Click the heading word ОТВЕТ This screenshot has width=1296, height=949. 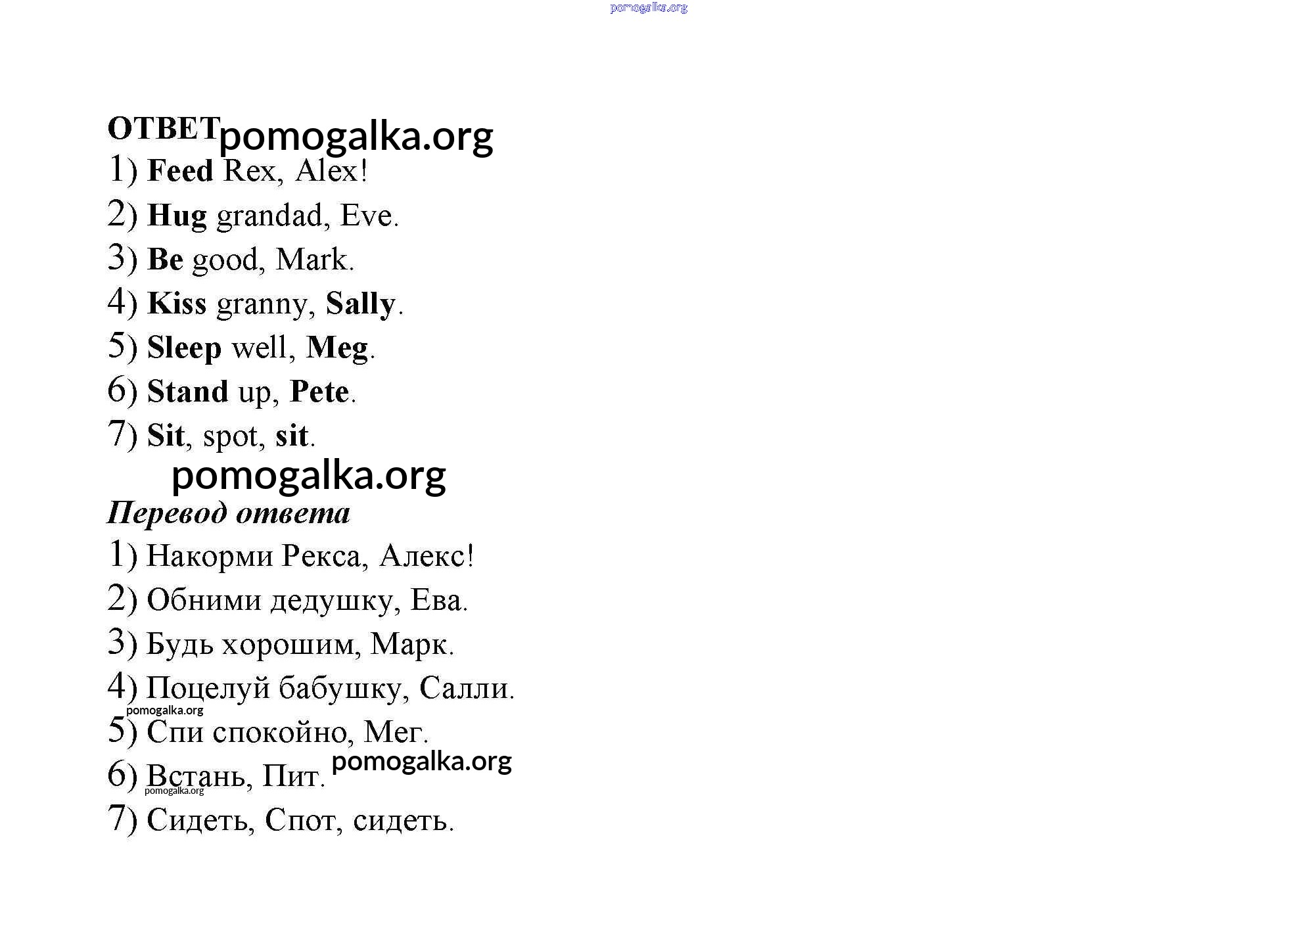(x=163, y=129)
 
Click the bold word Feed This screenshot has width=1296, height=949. (x=180, y=171)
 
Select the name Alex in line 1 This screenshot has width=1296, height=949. (x=327, y=171)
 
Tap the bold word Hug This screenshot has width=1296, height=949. (x=177, y=216)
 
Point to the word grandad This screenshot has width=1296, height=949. (x=269, y=216)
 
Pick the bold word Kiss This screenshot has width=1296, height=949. (x=177, y=304)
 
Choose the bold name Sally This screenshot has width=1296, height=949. (x=360, y=304)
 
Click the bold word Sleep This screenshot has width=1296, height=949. (x=184, y=348)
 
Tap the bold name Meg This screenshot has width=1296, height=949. (x=337, y=348)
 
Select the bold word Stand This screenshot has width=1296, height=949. (x=187, y=392)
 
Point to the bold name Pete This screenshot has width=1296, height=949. (x=319, y=392)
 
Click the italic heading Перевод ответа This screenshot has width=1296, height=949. (x=229, y=513)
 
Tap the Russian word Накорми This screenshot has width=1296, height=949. (x=210, y=557)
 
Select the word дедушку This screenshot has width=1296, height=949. (x=332, y=601)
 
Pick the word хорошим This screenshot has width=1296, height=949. (x=291, y=645)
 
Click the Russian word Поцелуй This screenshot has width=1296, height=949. (x=208, y=688)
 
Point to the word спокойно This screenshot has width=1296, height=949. (x=283, y=732)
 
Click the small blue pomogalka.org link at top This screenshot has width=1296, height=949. (x=649, y=8)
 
